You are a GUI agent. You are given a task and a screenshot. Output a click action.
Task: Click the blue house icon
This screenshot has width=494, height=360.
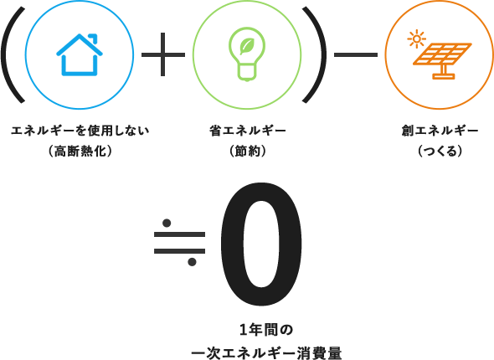point(80,54)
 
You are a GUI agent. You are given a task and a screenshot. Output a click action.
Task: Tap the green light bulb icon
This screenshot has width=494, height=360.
point(247,54)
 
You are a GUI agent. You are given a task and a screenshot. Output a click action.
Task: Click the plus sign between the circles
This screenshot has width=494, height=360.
point(163,54)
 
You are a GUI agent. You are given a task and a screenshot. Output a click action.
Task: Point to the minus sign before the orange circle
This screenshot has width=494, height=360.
point(356,54)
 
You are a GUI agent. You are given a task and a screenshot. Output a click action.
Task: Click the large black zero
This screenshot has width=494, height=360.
point(261,244)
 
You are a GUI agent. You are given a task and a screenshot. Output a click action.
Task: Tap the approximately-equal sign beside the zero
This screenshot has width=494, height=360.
point(179,243)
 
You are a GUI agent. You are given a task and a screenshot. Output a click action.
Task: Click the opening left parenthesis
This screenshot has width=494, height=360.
point(13,54)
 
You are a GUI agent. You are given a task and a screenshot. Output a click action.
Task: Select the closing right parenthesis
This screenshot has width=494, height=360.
point(315,54)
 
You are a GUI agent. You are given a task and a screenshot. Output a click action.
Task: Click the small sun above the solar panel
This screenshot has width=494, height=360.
point(416,39)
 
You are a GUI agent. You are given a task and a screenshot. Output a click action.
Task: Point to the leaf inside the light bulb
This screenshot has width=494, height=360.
point(247,46)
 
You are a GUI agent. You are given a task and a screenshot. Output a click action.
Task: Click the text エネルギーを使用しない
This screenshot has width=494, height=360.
point(80,131)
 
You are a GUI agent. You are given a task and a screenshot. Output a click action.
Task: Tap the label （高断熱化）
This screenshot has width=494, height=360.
point(80,152)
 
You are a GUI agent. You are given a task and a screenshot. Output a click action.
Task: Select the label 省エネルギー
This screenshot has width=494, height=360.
point(248,131)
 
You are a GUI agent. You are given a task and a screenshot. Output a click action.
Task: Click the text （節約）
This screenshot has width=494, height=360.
point(248,152)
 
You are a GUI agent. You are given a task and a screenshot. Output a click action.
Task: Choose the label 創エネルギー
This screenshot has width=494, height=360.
point(440,131)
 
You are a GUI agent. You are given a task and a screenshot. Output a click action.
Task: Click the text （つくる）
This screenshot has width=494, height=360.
point(440,152)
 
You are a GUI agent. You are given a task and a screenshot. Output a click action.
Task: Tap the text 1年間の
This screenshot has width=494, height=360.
point(266,330)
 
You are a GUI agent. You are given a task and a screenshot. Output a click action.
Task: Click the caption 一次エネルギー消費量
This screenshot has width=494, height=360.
point(266,353)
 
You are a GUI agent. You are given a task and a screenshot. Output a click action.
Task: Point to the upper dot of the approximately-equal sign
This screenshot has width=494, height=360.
point(167,223)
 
